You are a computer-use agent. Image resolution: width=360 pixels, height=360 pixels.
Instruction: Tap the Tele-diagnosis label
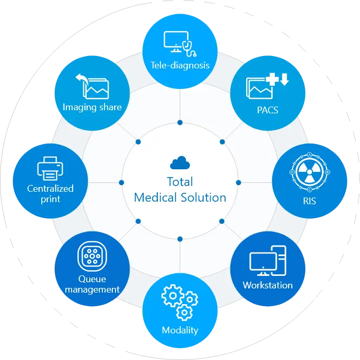point(180,65)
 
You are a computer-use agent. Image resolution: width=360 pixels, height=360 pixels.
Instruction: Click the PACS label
point(268,110)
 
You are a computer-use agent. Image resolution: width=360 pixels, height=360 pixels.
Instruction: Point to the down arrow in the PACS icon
point(284,79)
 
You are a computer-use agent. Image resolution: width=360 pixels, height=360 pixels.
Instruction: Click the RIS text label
point(309,201)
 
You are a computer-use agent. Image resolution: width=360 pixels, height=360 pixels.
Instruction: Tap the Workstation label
point(268,285)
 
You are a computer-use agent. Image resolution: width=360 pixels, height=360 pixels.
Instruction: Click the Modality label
point(180,330)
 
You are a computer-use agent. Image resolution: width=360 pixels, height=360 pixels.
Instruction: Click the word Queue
point(92,279)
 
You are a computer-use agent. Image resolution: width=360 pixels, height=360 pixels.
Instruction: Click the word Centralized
point(50,189)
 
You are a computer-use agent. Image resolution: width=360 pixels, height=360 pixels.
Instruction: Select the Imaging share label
point(92,107)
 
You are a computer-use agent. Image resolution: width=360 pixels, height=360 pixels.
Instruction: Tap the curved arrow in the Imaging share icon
point(82,79)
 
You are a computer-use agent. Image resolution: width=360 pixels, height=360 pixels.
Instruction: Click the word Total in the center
point(180,182)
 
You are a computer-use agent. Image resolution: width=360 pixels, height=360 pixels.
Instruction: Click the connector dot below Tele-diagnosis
point(180,123)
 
